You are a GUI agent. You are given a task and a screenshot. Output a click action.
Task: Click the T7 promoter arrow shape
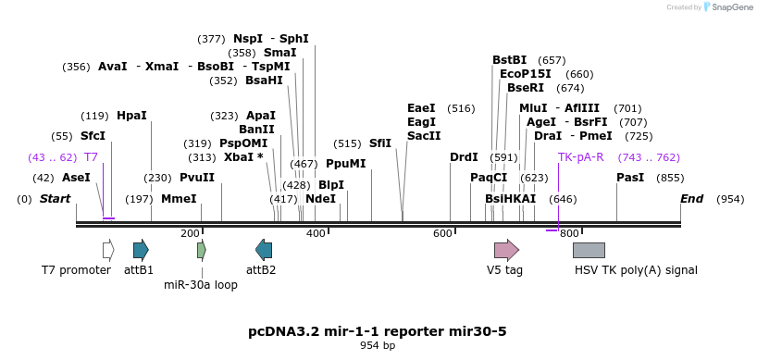108,249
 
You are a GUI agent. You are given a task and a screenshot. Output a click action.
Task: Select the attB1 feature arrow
141,249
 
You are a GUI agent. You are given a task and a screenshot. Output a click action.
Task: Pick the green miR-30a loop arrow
202,249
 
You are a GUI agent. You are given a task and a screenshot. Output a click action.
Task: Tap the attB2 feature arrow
264,249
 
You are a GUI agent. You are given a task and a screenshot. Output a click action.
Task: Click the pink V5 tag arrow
506,249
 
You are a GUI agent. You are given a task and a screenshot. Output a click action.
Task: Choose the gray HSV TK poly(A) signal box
589,250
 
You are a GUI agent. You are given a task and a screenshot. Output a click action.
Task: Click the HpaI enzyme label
131,116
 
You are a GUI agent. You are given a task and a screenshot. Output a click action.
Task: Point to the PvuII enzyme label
197,178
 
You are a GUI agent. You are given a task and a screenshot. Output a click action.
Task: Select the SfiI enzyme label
380,143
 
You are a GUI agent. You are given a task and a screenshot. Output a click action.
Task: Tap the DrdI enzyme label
464,157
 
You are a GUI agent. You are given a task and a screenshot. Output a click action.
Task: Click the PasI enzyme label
630,178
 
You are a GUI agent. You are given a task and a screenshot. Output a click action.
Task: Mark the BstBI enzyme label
509,60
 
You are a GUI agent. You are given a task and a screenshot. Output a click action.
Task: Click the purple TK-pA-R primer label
580,157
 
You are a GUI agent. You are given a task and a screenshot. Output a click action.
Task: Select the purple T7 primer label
91,157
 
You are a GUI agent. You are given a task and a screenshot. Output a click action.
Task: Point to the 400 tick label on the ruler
316,233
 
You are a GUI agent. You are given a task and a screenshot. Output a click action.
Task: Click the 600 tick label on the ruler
442,233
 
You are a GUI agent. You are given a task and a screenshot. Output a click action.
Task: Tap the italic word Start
56,199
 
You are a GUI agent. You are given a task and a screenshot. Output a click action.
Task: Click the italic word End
691,199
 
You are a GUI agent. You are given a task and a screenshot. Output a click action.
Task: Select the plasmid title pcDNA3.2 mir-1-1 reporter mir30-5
378,330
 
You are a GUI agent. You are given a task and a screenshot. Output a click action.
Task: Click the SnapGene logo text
731,7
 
